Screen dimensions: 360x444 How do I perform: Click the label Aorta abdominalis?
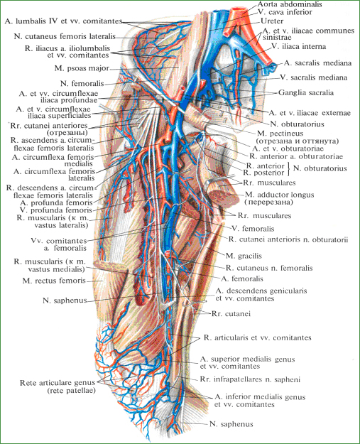290,4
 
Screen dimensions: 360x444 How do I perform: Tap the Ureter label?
272,21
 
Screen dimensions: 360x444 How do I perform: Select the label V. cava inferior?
285,12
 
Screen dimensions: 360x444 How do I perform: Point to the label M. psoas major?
82,68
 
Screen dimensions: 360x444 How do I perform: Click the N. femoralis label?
82,84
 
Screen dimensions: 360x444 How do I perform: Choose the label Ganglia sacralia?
306,92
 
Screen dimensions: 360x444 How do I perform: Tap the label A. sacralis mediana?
317,63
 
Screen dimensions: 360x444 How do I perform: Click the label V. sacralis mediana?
314,77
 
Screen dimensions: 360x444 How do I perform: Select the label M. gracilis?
244,256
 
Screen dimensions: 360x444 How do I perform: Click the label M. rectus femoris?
54,281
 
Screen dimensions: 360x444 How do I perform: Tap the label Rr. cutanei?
231,314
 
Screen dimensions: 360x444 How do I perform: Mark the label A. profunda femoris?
56,202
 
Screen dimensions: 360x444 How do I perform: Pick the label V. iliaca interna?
299,46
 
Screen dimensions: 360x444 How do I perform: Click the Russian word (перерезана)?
269,202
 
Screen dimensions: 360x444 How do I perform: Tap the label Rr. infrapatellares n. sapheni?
250,379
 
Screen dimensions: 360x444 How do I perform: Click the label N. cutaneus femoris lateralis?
65,36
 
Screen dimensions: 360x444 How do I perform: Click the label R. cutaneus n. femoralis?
269,268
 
